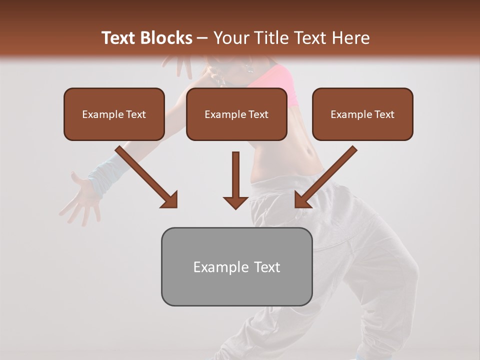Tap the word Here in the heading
[x=351, y=38]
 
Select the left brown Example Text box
[x=114, y=114]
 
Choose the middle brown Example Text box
[x=236, y=114]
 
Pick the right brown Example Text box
[x=362, y=114]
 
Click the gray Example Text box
[x=236, y=266]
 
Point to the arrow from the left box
[x=147, y=177]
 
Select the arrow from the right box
[x=325, y=177]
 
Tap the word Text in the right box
[x=384, y=114]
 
